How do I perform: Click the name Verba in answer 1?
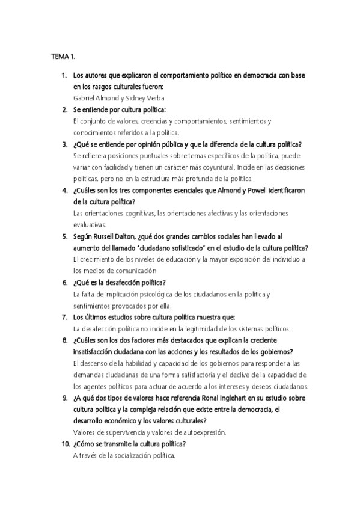point(153,98)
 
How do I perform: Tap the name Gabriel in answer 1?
point(85,98)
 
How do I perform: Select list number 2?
point(64,110)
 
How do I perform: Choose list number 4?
point(64,190)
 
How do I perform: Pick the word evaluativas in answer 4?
point(90,224)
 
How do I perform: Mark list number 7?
point(64,317)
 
